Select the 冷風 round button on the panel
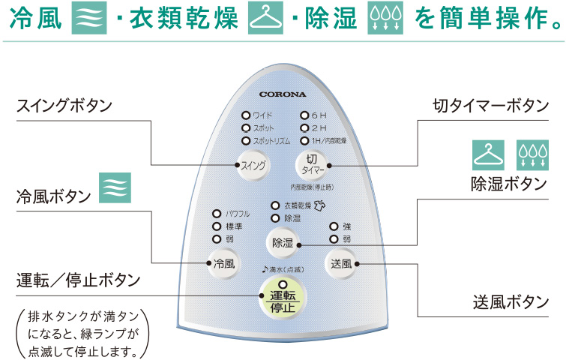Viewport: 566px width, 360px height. pos(223,263)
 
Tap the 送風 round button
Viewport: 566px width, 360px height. pos(342,263)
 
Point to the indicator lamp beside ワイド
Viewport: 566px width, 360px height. pos(245,115)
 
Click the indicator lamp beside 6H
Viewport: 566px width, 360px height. pos(304,115)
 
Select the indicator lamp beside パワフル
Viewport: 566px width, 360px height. pos(217,213)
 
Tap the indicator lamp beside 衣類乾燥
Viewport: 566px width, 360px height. pos(275,205)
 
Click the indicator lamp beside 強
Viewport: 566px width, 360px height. pos(334,226)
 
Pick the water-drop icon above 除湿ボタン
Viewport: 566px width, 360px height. pos(533,153)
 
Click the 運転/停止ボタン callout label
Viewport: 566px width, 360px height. pos(79,280)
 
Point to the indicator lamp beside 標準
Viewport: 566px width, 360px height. pos(217,226)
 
